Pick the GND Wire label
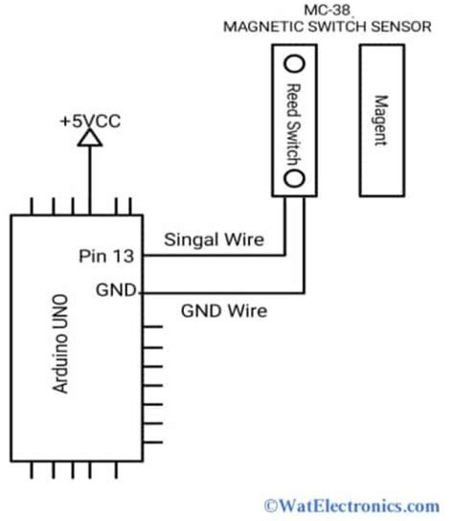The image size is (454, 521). pyautogui.click(x=224, y=310)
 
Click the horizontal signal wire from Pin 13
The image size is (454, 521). pyautogui.click(x=211, y=256)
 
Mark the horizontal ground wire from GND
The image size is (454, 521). pyautogui.click(x=220, y=290)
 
